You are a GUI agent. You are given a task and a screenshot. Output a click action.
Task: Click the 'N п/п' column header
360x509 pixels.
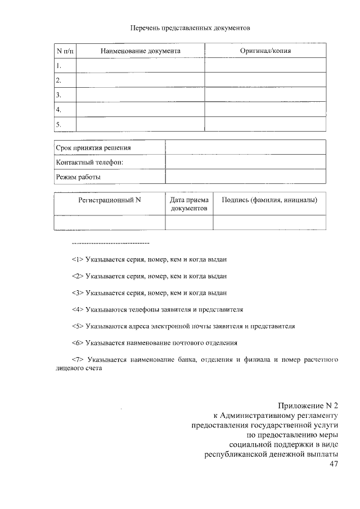click(x=65, y=51)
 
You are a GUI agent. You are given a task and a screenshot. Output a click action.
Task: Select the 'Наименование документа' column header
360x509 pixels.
click(x=140, y=51)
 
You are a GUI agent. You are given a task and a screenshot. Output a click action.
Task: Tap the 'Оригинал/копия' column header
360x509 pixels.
click(x=265, y=51)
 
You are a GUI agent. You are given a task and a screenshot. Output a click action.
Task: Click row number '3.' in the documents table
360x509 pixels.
click(x=58, y=94)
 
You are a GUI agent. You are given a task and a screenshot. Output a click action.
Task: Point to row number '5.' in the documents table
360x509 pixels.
click(x=58, y=124)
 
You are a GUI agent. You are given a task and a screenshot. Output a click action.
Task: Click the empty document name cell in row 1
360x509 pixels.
click(x=140, y=66)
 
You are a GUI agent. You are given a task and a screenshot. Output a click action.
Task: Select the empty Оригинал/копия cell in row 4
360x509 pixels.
click(x=265, y=109)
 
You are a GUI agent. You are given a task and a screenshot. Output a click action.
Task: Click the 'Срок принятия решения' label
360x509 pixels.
click(x=93, y=147)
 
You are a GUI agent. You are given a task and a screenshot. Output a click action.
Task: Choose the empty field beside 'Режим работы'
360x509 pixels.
click(x=245, y=177)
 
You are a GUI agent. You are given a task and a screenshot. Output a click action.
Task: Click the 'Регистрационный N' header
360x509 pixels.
click(x=110, y=200)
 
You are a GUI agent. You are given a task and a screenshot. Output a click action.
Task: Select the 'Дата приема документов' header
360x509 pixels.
click(x=189, y=204)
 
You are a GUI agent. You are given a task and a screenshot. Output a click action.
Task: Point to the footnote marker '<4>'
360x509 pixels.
click(x=78, y=309)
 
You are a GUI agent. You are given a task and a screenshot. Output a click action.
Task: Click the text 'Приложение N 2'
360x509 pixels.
click(x=309, y=406)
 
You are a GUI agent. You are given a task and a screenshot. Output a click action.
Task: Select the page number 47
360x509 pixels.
click(x=333, y=463)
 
